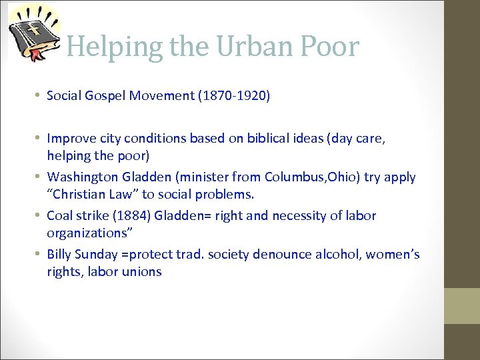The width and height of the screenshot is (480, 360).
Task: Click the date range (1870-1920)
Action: point(234,96)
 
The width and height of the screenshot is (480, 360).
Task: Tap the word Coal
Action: point(61,216)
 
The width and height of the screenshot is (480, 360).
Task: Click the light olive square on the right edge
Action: point(462,305)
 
